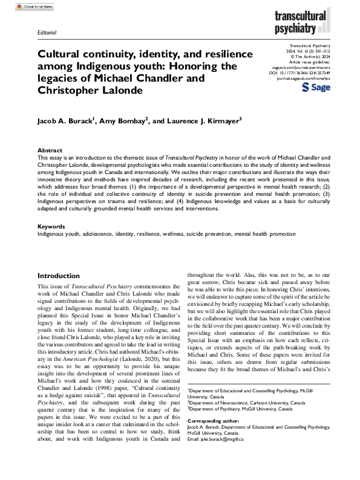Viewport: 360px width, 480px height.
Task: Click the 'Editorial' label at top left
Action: [x=47, y=32]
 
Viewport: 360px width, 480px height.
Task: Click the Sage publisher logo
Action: [x=313, y=88]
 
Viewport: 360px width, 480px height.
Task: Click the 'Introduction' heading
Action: [x=59, y=276]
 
